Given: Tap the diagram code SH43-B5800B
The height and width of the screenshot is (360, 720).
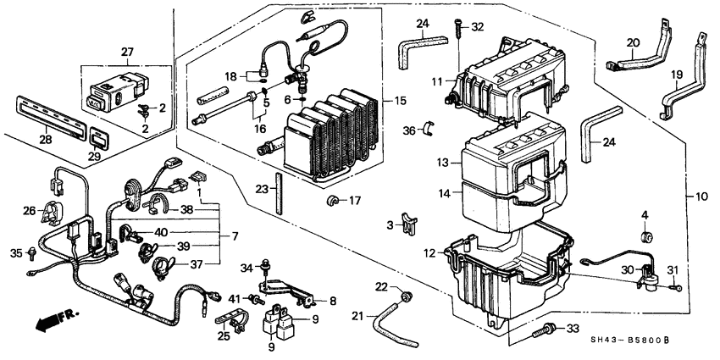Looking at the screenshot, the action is [629, 341].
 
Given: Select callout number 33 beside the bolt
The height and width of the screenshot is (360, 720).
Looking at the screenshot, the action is [573, 329].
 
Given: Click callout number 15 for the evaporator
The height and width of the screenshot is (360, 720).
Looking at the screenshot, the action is [401, 101].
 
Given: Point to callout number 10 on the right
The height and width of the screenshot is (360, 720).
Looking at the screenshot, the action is [701, 197].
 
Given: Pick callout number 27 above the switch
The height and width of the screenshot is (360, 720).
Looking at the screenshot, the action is [127, 52].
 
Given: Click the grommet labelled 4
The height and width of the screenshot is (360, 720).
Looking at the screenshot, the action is [646, 238].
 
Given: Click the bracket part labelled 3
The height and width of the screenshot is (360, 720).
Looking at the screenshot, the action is [408, 223].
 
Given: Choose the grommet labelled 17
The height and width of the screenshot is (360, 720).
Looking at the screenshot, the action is [331, 200].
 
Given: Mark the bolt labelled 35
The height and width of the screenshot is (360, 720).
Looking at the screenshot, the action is [32, 252].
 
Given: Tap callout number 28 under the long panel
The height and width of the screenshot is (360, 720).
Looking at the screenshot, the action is [45, 140].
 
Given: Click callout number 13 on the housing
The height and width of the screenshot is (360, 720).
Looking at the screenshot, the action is [442, 163].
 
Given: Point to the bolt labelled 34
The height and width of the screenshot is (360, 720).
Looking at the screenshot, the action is [266, 265].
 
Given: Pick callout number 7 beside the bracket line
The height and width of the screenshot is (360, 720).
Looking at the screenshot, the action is [235, 237].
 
